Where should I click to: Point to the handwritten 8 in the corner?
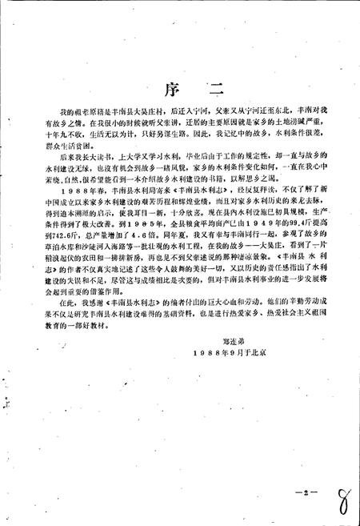tap(345, 494)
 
